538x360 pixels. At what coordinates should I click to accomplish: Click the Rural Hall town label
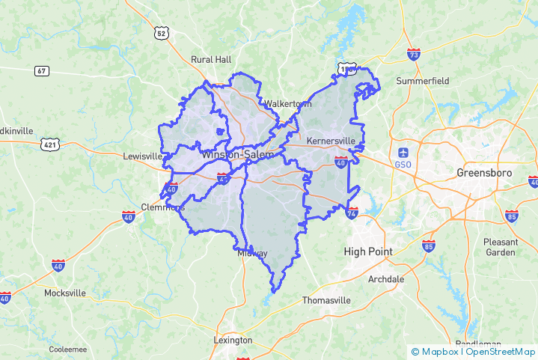(x=211, y=59)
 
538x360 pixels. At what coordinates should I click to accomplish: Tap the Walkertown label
(x=282, y=103)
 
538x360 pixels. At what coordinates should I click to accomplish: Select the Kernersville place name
(x=331, y=140)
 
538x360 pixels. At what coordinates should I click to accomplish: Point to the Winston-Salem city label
(x=236, y=155)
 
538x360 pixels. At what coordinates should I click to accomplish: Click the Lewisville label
(x=142, y=156)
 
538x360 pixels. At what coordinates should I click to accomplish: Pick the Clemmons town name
(x=162, y=207)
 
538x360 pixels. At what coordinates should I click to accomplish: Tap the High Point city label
(x=368, y=251)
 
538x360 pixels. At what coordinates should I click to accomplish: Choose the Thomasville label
(x=326, y=300)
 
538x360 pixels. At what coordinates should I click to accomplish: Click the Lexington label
(x=233, y=339)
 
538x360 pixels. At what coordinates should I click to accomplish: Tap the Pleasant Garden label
(x=501, y=247)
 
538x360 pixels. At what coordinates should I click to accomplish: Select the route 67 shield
(x=42, y=70)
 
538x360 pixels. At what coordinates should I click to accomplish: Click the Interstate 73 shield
(x=414, y=54)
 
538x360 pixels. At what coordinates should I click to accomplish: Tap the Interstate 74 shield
(x=352, y=213)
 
